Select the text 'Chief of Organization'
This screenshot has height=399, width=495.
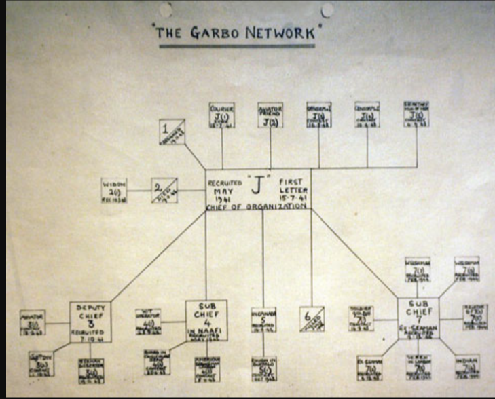tap(258, 206)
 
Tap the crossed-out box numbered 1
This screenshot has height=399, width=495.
tap(172, 131)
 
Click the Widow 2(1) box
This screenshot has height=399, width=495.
tap(114, 190)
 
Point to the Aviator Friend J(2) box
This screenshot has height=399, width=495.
tap(270, 115)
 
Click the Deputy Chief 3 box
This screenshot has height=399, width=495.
tap(90, 322)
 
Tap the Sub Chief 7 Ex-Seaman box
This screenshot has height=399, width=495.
tap(418, 318)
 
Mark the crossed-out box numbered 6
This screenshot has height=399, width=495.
tap(312, 319)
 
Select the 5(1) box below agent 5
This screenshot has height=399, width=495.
tap(264, 366)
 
